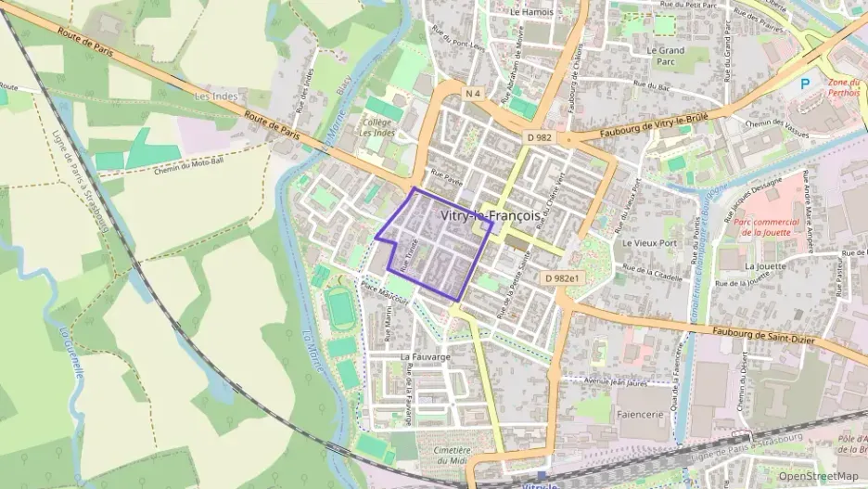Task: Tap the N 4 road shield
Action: point(474,93)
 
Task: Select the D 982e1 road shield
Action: point(562,277)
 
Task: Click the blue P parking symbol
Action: point(805,84)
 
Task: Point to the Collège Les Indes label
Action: point(377,127)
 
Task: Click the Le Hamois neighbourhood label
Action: point(531,13)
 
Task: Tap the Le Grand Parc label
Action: point(665,57)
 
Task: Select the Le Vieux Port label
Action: point(652,243)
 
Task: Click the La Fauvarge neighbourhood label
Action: point(425,356)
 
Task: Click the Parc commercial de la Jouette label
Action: point(766,227)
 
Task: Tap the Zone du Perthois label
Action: point(844,88)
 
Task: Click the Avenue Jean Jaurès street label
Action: point(618,380)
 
